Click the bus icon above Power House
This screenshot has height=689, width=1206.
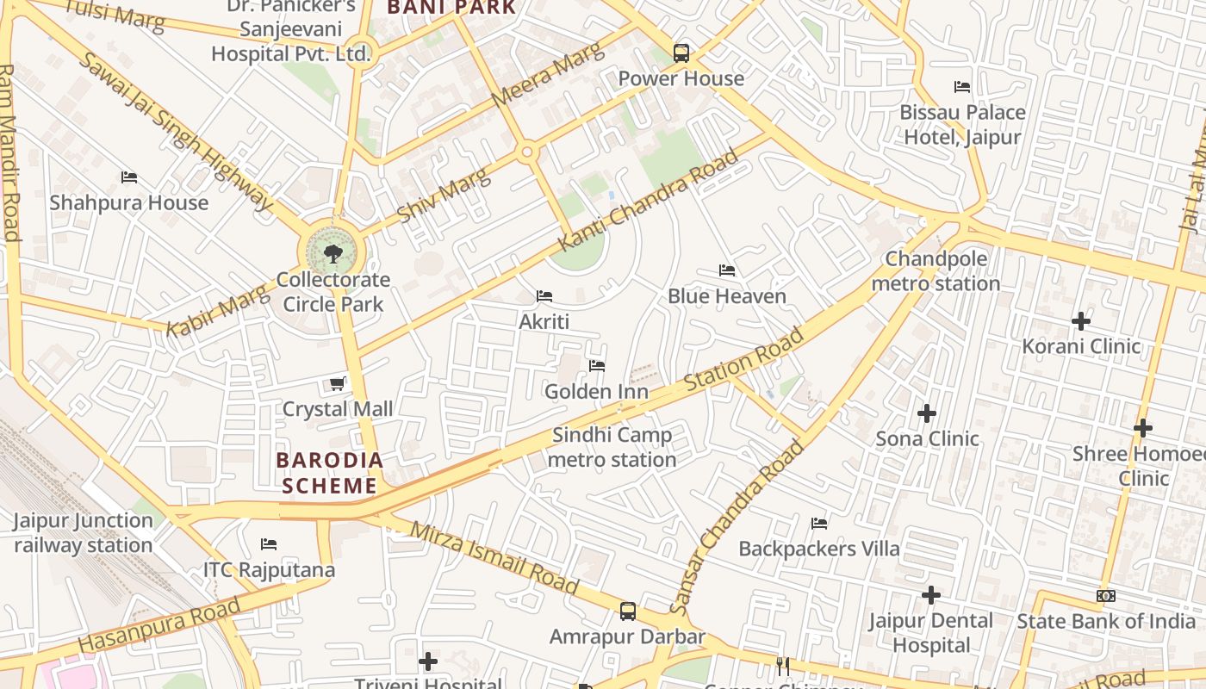coord(681,53)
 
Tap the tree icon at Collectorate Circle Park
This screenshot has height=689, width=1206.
coord(333,254)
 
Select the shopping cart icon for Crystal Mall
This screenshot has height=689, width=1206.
coord(338,384)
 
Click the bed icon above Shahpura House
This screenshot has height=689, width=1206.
coord(129,178)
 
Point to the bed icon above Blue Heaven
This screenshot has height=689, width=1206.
coord(727,271)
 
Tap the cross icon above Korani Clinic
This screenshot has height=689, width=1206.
coord(1081,322)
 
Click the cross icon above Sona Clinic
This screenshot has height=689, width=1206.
coord(927,414)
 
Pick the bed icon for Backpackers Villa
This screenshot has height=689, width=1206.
coord(819,524)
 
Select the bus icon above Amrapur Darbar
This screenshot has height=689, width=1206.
coord(628,612)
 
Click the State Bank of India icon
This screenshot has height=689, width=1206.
coord(1106,596)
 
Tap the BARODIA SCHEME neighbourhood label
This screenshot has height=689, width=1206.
coord(330,473)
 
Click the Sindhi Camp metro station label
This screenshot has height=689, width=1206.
coord(612,447)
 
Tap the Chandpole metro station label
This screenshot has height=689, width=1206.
coord(936,271)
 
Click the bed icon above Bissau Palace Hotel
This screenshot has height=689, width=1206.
coord(962,87)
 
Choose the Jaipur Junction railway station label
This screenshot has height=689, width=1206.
coord(84,533)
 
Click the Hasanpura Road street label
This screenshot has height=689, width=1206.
coord(159,627)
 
